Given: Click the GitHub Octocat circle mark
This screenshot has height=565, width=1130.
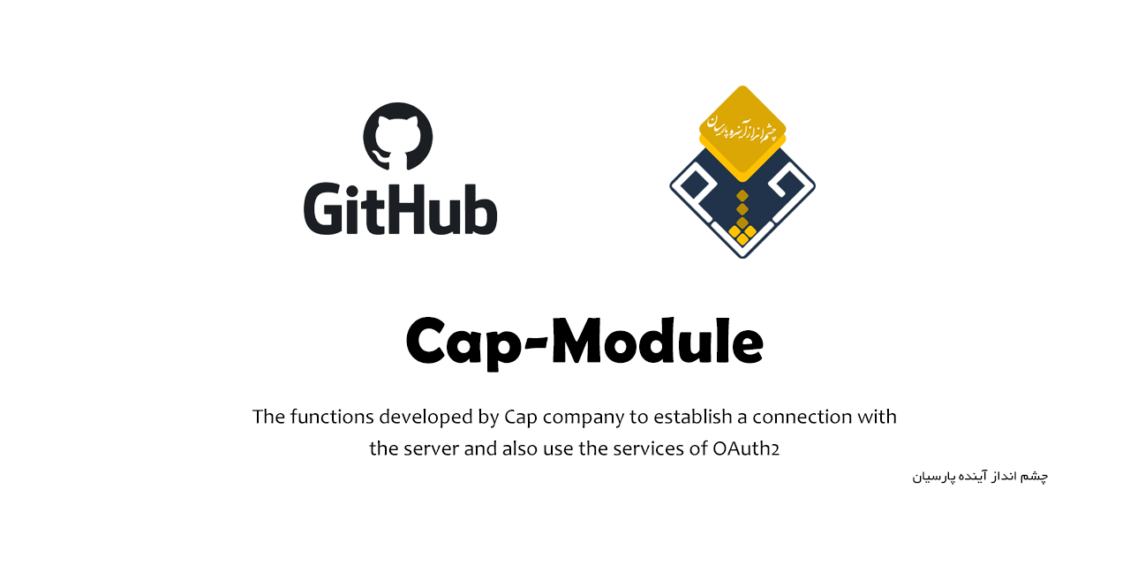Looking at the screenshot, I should coord(397,137).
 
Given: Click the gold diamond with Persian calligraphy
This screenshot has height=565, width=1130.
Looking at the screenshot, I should coord(742,129).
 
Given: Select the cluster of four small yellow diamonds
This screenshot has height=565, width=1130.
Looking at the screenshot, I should coord(742,232).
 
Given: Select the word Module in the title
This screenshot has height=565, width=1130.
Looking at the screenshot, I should coord(657,341).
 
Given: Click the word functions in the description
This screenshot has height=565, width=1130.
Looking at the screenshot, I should coord(330,416).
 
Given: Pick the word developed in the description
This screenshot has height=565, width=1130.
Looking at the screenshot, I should coord(421,417).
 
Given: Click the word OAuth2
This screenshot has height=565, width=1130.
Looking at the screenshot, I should coord(745,448).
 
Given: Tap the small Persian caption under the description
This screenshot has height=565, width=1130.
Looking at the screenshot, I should coord(980,477).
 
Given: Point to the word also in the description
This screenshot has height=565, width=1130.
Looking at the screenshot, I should coord(520,448).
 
